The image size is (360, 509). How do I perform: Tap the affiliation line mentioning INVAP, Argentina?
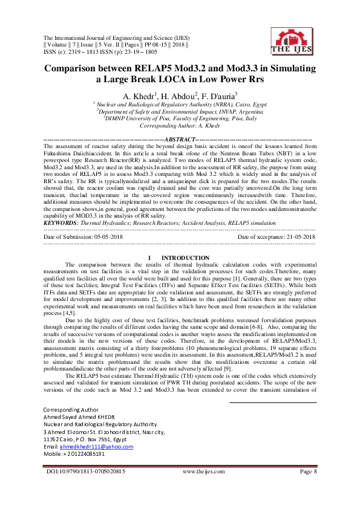point(181,112)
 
